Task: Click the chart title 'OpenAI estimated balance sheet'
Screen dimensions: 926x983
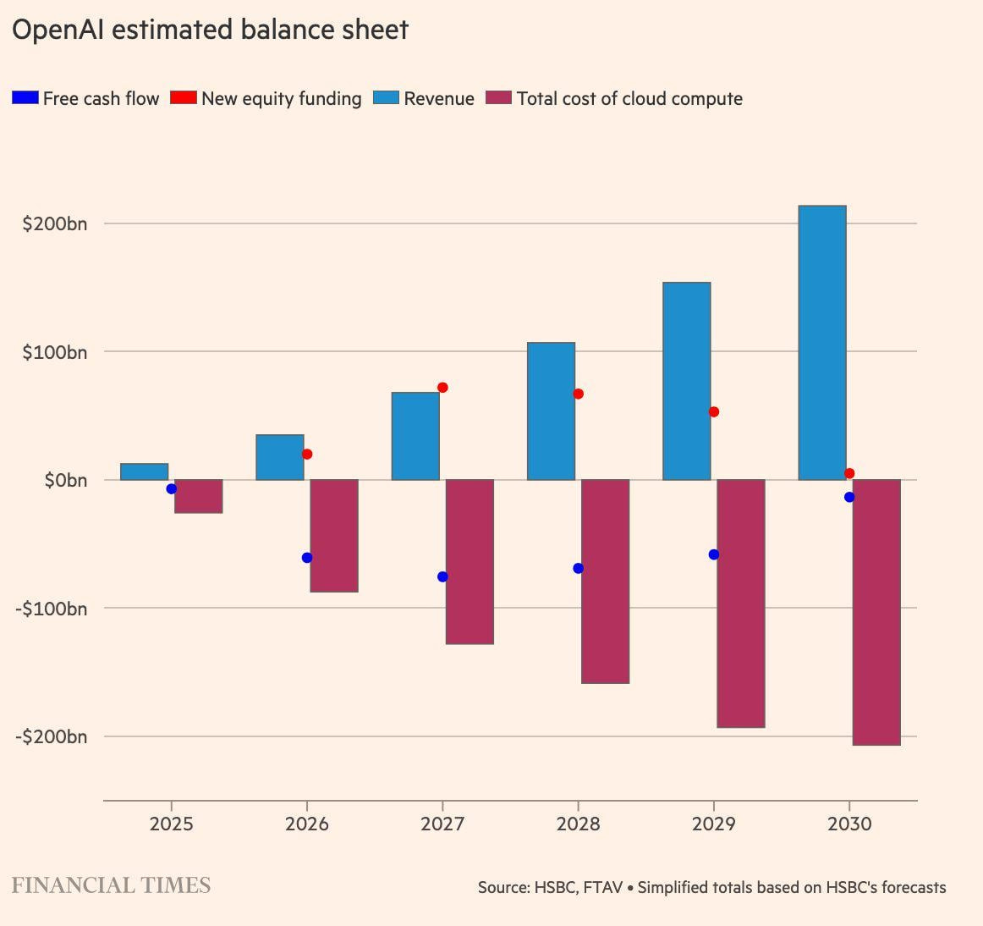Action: click(210, 30)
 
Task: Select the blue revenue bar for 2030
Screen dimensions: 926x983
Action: click(821, 343)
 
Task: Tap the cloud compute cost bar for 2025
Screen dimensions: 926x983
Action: click(198, 496)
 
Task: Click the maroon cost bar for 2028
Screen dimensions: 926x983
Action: click(605, 582)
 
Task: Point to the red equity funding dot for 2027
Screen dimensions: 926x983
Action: click(442, 388)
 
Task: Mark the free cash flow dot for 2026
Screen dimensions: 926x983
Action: click(307, 558)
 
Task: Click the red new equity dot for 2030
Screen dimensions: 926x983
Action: click(849, 473)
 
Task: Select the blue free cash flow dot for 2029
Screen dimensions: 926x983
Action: click(714, 554)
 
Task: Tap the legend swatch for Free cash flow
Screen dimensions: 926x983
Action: click(25, 98)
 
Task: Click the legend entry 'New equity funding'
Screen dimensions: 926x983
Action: click(281, 98)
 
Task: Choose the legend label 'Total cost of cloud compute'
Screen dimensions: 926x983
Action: click(629, 98)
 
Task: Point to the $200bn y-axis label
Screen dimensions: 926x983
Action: click(55, 223)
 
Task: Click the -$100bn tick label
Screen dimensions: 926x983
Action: click(51, 609)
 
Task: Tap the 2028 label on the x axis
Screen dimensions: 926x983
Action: click(578, 824)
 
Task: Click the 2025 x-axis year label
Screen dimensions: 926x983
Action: click(172, 824)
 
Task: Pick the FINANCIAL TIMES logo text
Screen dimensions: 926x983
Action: click(111, 885)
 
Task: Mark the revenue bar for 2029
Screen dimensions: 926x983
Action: click(686, 381)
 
